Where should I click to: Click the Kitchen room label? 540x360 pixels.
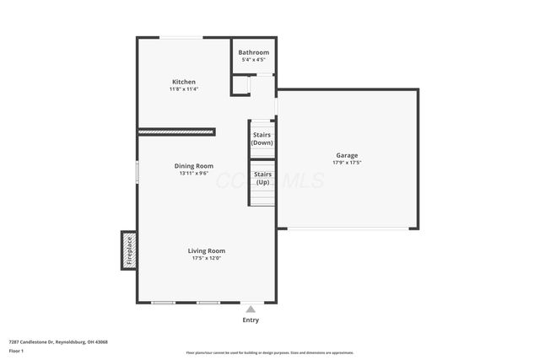coord(183,82)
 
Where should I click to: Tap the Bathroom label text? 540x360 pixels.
coord(253,52)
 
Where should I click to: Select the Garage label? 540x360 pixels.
coord(347,155)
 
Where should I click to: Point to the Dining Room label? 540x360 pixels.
coord(193,166)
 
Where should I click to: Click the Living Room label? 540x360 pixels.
coord(206,250)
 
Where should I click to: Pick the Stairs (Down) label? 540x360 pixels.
coord(262,138)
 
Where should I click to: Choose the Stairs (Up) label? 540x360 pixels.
coord(262,178)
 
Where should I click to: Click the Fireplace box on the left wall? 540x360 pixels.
coord(129,250)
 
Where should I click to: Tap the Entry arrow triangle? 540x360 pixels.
coord(251,309)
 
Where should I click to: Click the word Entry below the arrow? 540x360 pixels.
coord(251,320)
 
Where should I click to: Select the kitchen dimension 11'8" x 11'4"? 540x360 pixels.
coord(183,89)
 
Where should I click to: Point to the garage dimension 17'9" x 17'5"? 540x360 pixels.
coord(347,163)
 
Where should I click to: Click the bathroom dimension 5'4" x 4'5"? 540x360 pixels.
coord(253,60)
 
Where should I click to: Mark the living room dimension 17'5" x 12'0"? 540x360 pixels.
coord(206,258)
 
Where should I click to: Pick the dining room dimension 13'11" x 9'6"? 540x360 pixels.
coord(193,174)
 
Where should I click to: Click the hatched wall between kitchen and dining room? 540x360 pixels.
coord(176,132)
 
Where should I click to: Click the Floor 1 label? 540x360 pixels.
coord(16,351)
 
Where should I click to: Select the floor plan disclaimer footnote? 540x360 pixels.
coord(269,352)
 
